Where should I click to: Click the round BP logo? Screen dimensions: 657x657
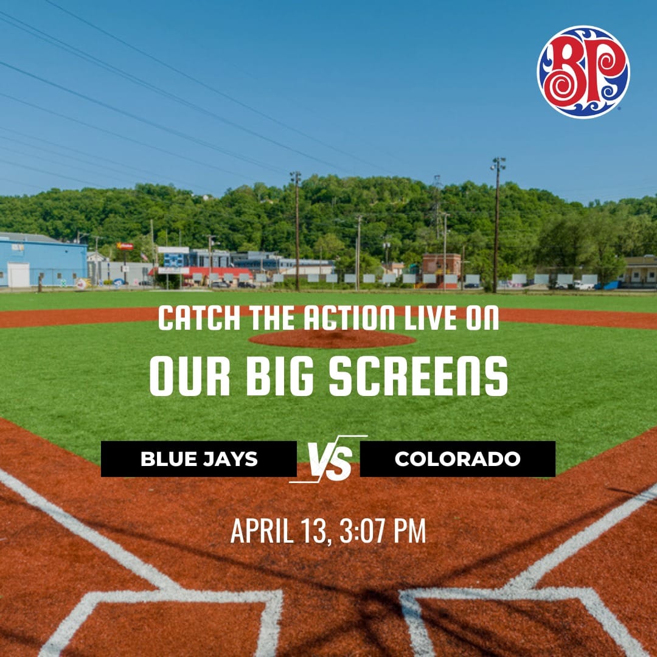pos(583,72)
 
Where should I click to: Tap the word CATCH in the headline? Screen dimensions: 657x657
pos(199,318)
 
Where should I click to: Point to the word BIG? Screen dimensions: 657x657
pos(279,376)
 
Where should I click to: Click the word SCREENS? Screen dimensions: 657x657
pos(418,376)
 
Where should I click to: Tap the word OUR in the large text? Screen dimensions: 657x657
pos(190,376)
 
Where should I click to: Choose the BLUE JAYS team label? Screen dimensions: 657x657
pos(199,459)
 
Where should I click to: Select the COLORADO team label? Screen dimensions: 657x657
pos(457,459)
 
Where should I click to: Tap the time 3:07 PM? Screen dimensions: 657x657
pos(383,530)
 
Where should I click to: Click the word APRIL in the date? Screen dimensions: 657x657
pos(262,530)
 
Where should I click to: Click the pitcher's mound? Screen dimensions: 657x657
pos(332,339)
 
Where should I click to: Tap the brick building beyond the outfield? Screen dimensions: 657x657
pos(441,268)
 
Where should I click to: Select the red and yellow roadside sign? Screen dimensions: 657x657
pos(125,246)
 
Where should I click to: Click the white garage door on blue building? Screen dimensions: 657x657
pos(18,275)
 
